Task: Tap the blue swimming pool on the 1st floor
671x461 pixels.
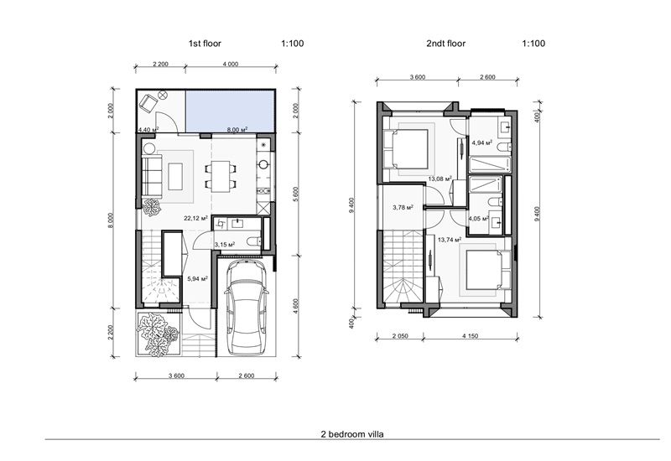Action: pyautogui.click(x=231, y=111)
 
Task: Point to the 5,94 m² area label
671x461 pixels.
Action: pyautogui.click(x=197, y=278)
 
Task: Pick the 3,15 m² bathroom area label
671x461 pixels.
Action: pyautogui.click(x=224, y=245)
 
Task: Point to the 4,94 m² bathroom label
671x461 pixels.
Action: pyautogui.click(x=481, y=142)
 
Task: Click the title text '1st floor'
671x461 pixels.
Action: pyautogui.click(x=205, y=41)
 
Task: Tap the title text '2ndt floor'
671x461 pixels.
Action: pyautogui.click(x=445, y=41)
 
